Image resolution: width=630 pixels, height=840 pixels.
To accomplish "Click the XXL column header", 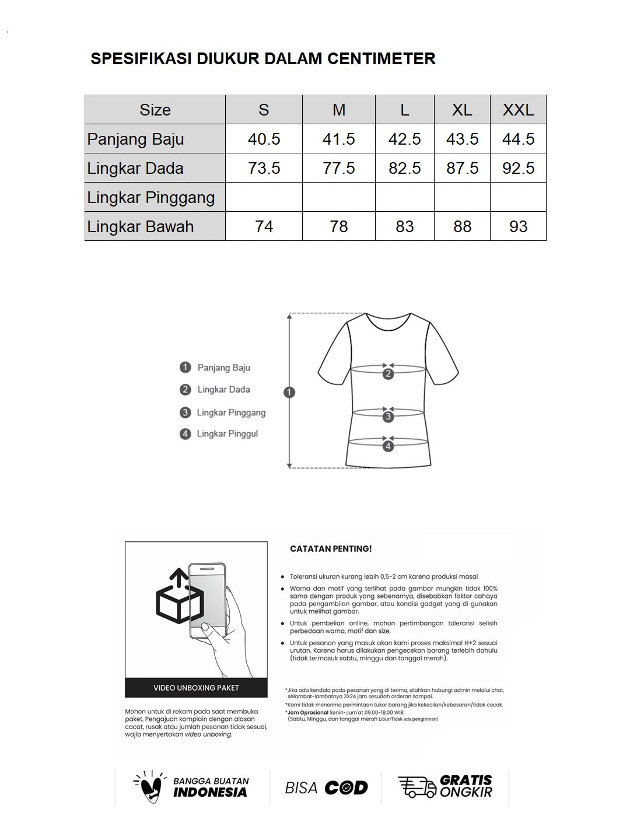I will [518, 110].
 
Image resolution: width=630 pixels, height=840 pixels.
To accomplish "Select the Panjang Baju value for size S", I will [264, 139].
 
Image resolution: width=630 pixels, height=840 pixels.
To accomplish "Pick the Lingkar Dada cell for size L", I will [404, 168].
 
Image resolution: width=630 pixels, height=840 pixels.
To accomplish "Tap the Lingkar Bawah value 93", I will [518, 226].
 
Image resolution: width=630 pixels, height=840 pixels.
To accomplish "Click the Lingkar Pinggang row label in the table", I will [151, 197].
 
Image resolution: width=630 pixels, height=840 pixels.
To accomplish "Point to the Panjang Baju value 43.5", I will [462, 139].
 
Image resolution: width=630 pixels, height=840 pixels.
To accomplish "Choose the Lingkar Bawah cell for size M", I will [338, 226].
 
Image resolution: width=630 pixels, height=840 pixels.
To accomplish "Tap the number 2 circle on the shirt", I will [388, 374].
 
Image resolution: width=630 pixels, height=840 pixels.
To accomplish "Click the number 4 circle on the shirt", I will [388, 447].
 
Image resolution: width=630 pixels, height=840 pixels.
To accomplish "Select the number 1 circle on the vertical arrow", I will [289, 392].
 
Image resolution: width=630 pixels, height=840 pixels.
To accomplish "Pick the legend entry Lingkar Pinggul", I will [227, 434].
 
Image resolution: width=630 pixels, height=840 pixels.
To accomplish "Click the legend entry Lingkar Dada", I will [223, 390].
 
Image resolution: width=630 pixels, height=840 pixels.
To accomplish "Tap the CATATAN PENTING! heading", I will [331, 549].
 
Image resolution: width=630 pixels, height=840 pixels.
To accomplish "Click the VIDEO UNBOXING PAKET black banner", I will [196, 688].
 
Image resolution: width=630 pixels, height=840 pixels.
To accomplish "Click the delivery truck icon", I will [416, 787].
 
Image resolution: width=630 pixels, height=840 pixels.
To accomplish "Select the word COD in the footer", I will [346, 787].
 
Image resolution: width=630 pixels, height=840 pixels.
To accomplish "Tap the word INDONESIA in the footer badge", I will [210, 792].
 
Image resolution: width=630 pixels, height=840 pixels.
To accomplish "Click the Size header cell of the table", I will [155, 110].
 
